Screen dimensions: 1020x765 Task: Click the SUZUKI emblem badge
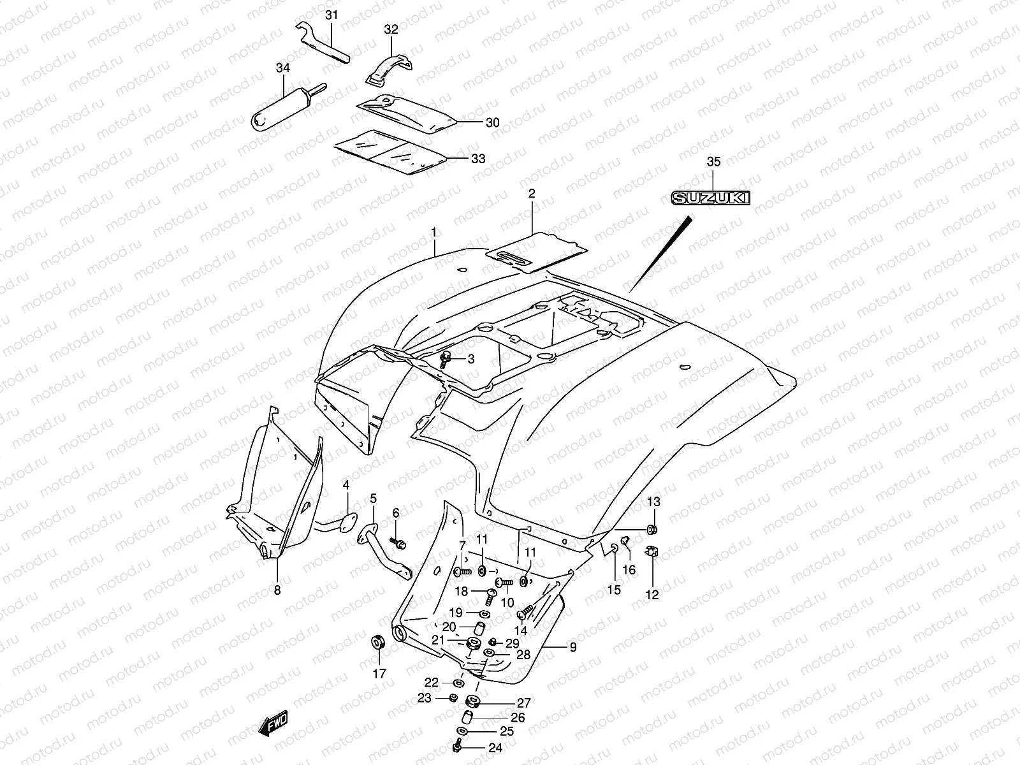pyautogui.click(x=711, y=198)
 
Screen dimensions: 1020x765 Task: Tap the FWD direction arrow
pyautogui.click(x=273, y=723)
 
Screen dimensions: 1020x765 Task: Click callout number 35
pyautogui.click(x=714, y=162)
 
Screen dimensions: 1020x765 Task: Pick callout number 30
pyautogui.click(x=493, y=122)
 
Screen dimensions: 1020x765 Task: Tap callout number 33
pyautogui.click(x=478, y=159)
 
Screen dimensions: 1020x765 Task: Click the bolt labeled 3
pyautogui.click(x=445, y=359)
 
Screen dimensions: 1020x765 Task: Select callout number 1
pyautogui.click(x=434, y=232)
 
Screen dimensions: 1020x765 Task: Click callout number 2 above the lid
pyautogui.click(x=532, y=193)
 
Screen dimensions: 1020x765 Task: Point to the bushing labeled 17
pyautogui.click(x=378, y=643)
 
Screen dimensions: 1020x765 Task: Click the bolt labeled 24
pyautogui.click(x=457, y=747)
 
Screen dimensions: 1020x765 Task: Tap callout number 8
pyautogui.click(x=277, y=590)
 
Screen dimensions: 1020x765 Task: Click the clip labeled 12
pyautogui.click(x=652, y=551)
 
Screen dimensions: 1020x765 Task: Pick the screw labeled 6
pyautogui.click(x=398, y=543)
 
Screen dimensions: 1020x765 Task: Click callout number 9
pyautogui.click(x=573, y=647)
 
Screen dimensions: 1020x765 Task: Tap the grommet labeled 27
pyautogui.click(x=472, y=701)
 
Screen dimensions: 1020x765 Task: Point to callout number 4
pyautogui.click(x=346, y=485)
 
